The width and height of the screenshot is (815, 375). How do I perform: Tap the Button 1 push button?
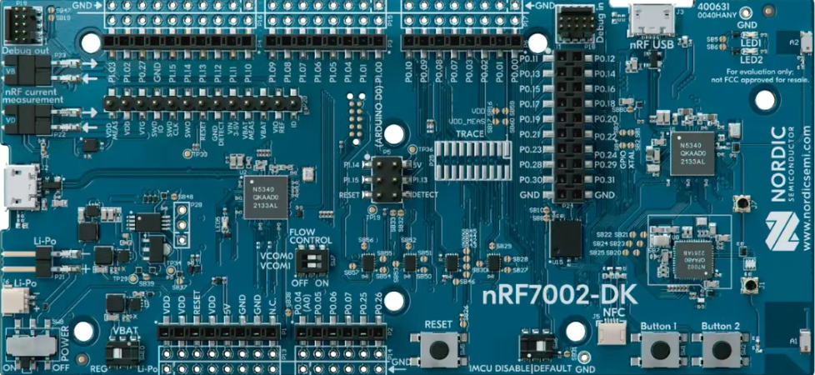pos(658,348)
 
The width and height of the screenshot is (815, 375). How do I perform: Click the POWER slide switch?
pos(29,346)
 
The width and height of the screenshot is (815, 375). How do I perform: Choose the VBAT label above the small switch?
pos(123,329)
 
